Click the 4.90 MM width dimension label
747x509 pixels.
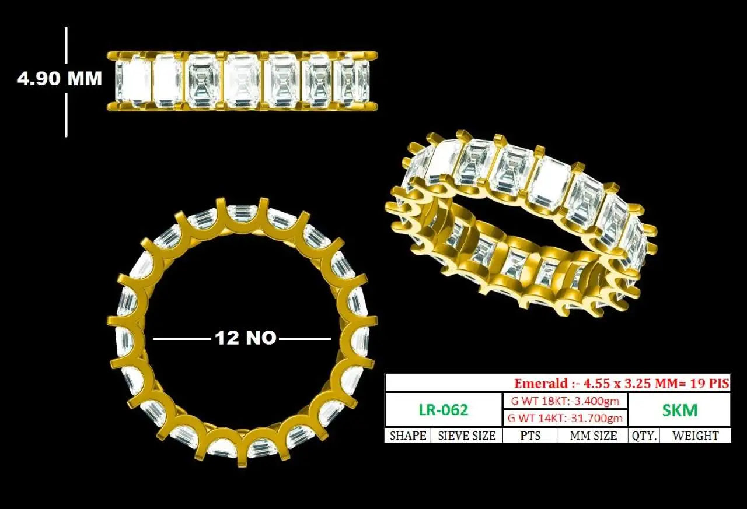[x=60, y=79]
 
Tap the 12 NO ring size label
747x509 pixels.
[x=246, y=338]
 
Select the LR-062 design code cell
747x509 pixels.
[x=444, y=409]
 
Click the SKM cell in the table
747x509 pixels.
[x=680, y=410]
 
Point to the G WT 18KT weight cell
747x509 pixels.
[x=566, y=401]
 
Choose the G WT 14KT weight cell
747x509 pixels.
[x=566, y=418]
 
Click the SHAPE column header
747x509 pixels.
[x=408, y=436]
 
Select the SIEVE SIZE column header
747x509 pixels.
[x=466, y=436]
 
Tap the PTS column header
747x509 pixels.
[x=530, y=436]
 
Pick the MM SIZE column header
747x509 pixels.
[x=594, y=436]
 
